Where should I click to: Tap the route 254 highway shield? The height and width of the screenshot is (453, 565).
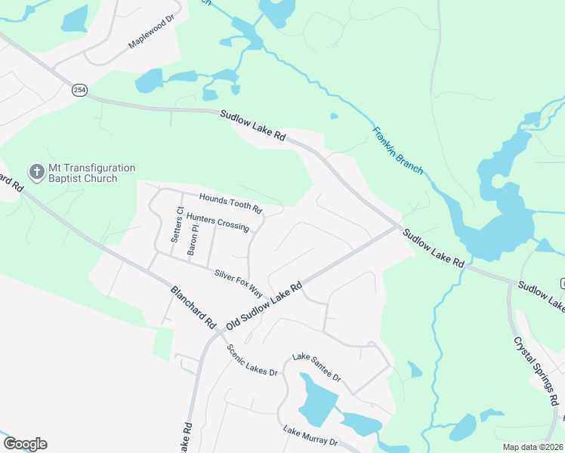coord(79,91)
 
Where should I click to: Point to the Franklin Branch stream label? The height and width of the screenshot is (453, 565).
coord(397,150)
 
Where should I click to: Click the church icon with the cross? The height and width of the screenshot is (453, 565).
coord(36,173)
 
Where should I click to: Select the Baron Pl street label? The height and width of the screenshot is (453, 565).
coord(193,241)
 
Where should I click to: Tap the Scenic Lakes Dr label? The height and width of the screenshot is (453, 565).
coord(252,360)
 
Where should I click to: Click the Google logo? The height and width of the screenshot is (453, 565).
coord(24,444)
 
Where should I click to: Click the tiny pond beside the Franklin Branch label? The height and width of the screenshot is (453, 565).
coord(335,116)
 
